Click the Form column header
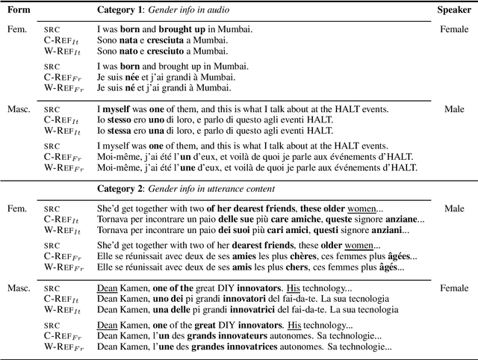pos(17,10)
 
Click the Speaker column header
pos(454,10)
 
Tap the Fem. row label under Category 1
pos(15,31)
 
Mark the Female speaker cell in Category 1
pos(453,31)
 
